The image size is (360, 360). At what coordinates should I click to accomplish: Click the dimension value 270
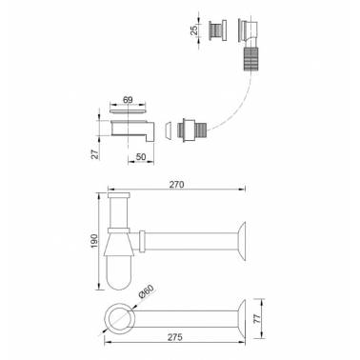coord(176,185)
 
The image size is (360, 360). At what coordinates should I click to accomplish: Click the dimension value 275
coord(175,337)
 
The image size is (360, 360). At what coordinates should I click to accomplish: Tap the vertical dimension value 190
coord(94,241)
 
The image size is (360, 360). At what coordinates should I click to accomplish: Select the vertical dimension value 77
coord(257,318)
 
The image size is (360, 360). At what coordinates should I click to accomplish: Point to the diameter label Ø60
coord(147,291)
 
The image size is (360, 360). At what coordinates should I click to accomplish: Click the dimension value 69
coord(128,100)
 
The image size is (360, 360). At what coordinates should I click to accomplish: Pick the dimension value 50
coord(141,156)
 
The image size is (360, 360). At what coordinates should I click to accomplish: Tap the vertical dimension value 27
coord(95,154)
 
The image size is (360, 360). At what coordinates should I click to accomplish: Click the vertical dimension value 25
coord(194,30)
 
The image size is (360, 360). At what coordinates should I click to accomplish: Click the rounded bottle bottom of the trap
coord(119,273)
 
